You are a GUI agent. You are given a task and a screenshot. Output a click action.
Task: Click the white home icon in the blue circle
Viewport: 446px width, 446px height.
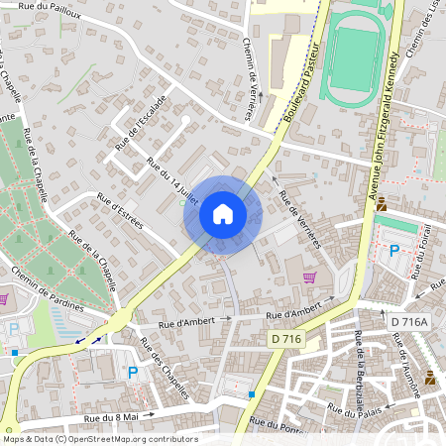[223, 214]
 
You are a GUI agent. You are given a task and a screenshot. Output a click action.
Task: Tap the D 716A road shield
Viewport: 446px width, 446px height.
[408, 322]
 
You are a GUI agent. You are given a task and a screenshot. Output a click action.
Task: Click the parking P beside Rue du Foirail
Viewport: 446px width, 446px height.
[393, 252]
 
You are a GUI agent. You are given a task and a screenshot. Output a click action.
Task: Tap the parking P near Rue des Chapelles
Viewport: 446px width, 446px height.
[132, 373]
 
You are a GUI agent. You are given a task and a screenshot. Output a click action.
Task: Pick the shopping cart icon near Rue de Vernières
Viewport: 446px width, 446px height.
[309, 277]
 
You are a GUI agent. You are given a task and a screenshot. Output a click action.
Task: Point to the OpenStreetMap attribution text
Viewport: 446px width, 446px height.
[99, 439]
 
